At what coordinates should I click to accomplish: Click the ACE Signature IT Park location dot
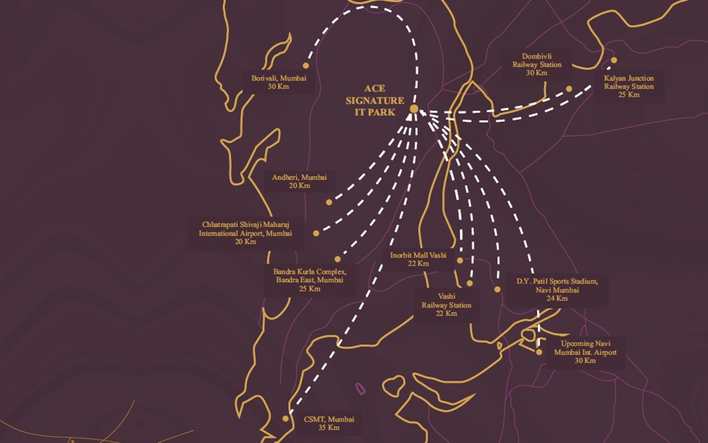[x=414, y=109]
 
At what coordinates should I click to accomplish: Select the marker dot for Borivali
[x=306, y=66]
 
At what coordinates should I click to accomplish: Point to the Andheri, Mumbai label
[x=300, y=181]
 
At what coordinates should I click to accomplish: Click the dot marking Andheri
[x=329, y=202]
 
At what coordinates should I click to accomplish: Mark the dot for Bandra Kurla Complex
[x=337, y=259]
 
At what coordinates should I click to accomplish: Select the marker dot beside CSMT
[x=286, y=418]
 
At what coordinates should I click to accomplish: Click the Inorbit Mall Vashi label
[x=418, y=259]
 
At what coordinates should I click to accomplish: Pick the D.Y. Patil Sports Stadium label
[x=558, y=289]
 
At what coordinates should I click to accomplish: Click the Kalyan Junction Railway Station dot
[x=614, y=60]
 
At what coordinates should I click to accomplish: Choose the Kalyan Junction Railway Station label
[x=628, y=86]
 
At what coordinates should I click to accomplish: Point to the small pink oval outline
[x=359, y=388]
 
